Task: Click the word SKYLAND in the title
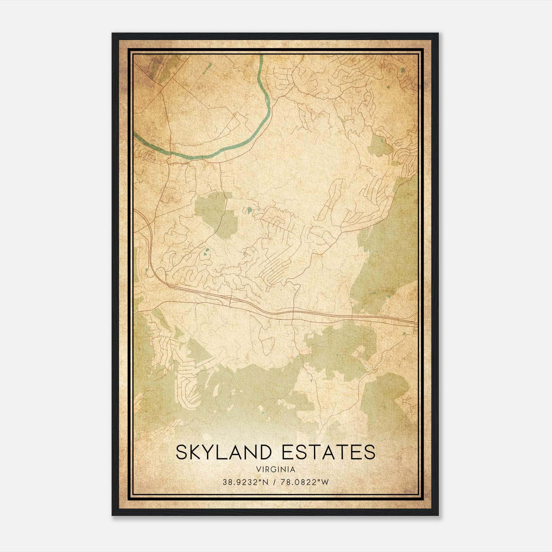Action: coord(226,452)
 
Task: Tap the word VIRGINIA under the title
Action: coord(276,470)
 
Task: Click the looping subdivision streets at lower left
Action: coord(188,390)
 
